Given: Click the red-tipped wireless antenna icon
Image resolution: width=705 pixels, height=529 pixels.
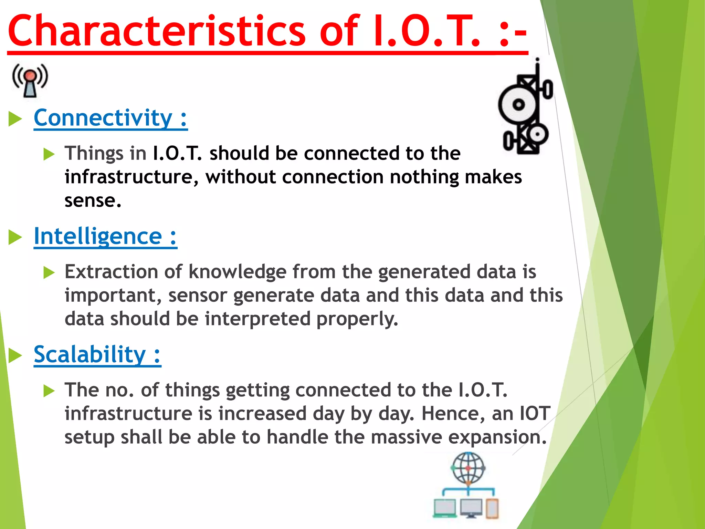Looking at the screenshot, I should [x=30, y=80].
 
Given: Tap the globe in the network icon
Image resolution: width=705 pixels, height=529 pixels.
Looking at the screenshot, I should [x=468, y=468].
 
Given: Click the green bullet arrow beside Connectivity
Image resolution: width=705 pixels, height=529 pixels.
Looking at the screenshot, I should [x=15, y=119].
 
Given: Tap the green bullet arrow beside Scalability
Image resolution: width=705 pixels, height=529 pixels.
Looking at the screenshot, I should [x=15, y=355].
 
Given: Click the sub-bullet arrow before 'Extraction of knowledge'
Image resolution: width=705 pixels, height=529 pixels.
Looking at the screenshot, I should [x=49, y=273].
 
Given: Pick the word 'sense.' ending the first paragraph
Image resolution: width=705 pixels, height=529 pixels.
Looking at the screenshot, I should [x=93, y=201].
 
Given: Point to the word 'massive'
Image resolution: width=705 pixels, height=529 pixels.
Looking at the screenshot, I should [x=406, y=437].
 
